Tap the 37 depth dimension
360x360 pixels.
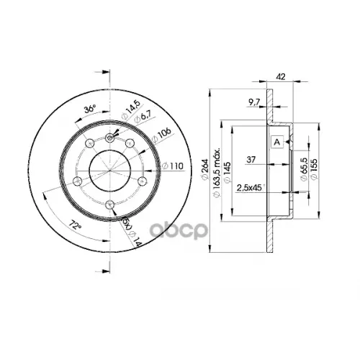pos(251,159)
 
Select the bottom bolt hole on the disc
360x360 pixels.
pos(109,207)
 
